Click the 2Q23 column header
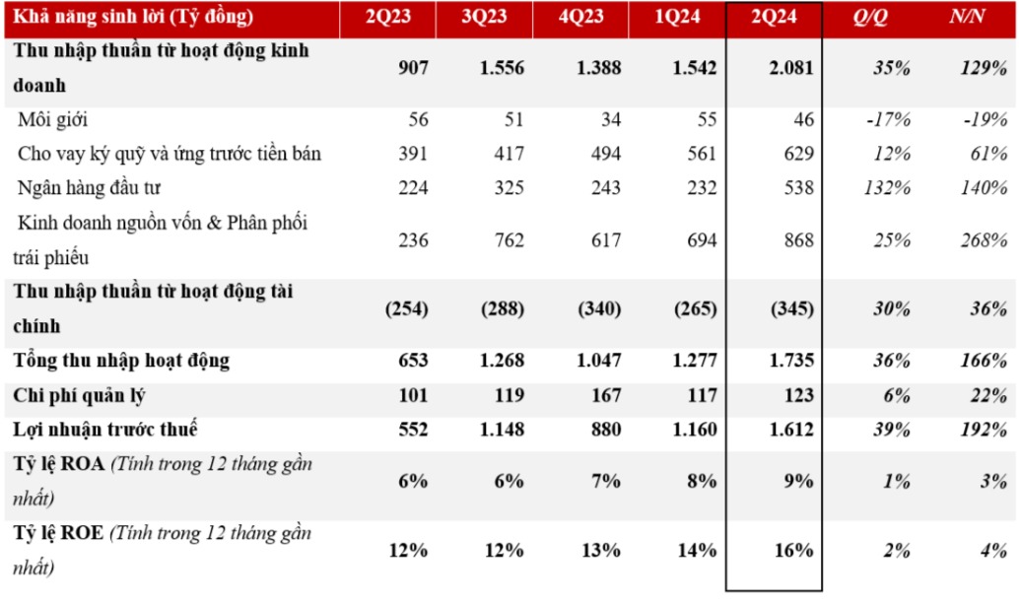(x=388, y=16)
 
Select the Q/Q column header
(x=869, y=16)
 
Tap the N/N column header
(x=967, y=16)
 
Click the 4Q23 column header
(x=581, y=16)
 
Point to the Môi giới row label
(x=52, y=119)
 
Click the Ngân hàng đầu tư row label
(x=89, y=187)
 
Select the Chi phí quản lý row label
(x=79, y=395)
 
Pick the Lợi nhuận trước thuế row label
(x=104, y=430)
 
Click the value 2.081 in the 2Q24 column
(x=791, y=68)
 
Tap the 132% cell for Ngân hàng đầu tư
(x=887, y=187)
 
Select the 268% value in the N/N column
(x=984, y=240)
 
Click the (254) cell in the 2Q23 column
(x=406, y=308)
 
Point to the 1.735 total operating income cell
(x=791, y=361)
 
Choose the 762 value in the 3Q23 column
(x=509, y=240)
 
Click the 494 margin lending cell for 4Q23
(x=606, y=154)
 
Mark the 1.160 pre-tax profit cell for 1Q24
(x=695, y=430)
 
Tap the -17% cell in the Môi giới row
(x=888, y=119)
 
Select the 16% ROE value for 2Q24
(x=793, y=551)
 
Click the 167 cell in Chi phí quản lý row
(x=606, y=395)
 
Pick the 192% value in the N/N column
(x=984, y=430)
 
